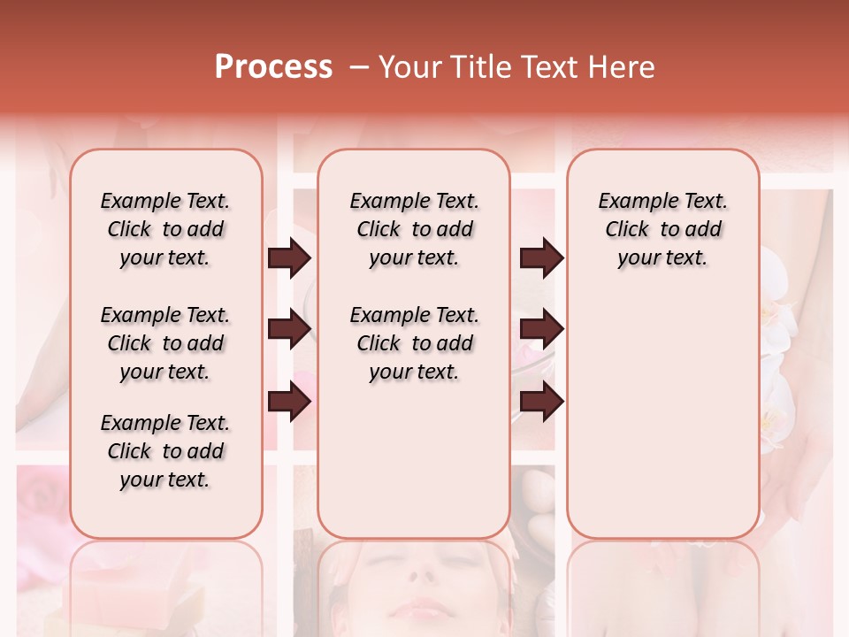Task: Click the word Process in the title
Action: click(x=273, y=67)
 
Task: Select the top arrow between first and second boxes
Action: click(x=289, y=258)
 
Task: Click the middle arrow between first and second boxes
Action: click(x=289, y=330)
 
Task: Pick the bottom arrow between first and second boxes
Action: click(x=289, y=403)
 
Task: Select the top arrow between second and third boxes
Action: click(x=541, y=258)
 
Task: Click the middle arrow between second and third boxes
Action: click(x=541, y=330)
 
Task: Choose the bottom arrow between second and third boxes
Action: click(x=541, y=403)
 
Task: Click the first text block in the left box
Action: click(x=165, y=229)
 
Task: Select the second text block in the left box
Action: click(x=165, y=343)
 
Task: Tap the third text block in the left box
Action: click(x=165, y=451)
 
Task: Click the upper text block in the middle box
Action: click(x=414, y=229)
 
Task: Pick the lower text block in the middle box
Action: click(x=414, y=343)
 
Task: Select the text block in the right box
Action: click(x=662, y=229)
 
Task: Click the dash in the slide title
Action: click(x=359, y=67)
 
